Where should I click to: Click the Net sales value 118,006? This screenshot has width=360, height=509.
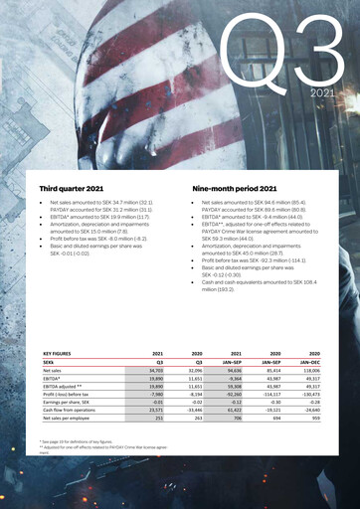pyautogui.click(x=310, y=370)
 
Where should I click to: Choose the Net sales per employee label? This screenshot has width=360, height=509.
pyautogui.click(x=67, y=419)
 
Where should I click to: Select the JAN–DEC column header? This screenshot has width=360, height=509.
pyautogui.click(x=308, y=362)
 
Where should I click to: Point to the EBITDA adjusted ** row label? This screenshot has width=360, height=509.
pyautogui.click(x=62, y=386)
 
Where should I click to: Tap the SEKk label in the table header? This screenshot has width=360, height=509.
pyautogui.click(x=50, y=362)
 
